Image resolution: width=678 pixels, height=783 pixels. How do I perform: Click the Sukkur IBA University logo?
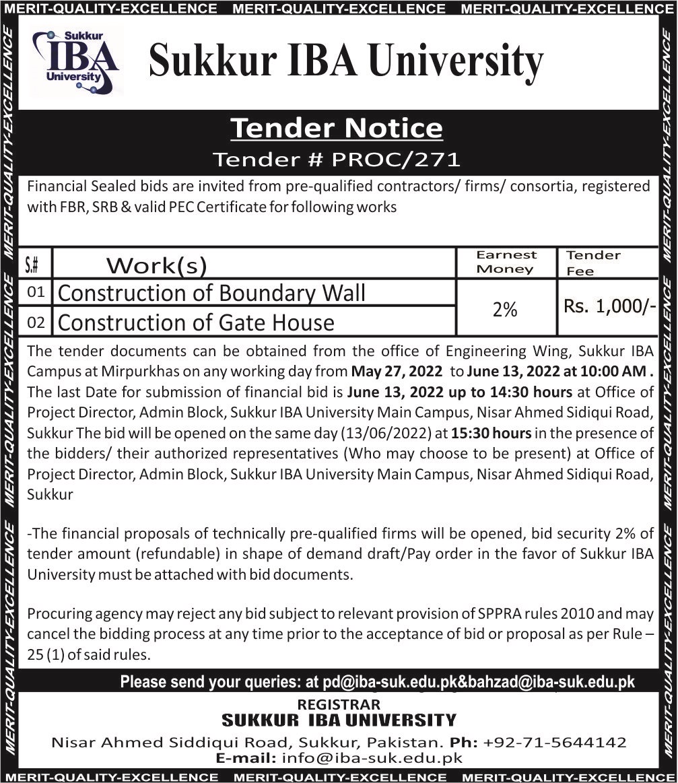point(75,61)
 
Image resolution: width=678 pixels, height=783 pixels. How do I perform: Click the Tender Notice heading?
point(337,128)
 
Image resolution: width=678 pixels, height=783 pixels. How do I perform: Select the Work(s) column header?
point(156,266)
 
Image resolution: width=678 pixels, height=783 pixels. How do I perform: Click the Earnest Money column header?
point(506,262)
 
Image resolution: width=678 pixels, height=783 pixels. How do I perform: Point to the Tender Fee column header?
point(592,263)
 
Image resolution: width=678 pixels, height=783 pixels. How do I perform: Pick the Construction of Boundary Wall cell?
point(212,294)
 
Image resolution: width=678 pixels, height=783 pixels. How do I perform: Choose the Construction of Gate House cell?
point(196,323)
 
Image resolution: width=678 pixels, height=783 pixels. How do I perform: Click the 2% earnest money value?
point(505,309)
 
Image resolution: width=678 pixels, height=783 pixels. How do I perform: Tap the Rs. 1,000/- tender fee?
point(609,306)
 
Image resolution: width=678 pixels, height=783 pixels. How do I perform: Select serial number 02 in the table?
point(36,323)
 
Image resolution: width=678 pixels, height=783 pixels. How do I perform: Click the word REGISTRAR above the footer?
point(338,704)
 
